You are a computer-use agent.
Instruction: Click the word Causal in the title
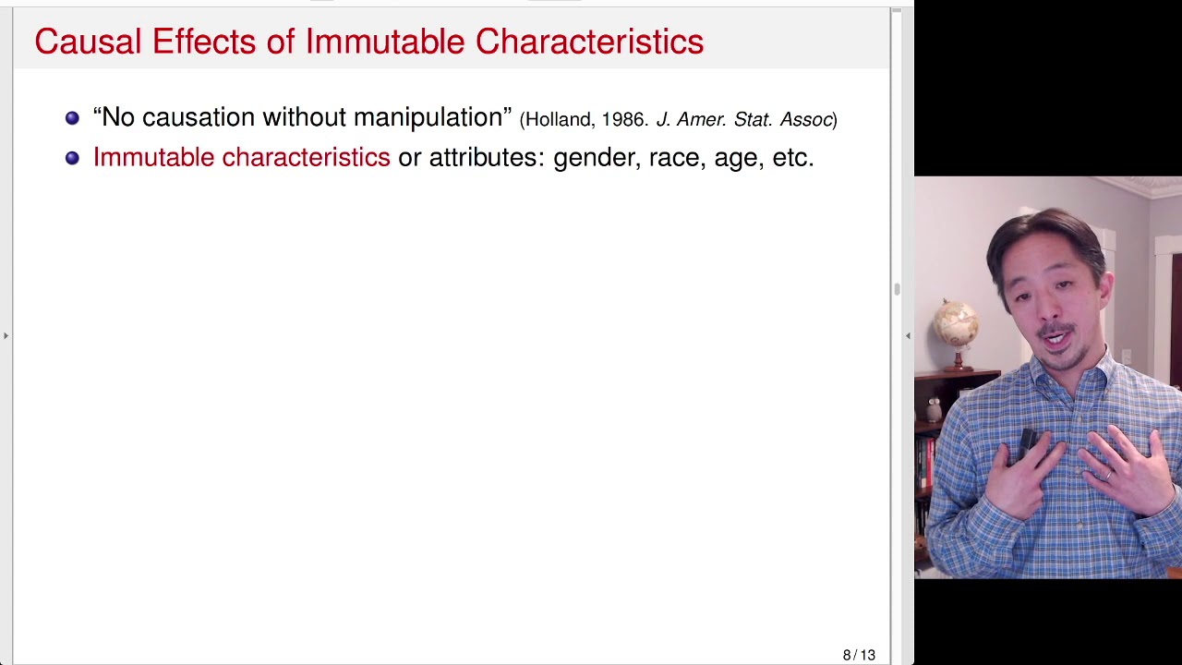coord(88,42)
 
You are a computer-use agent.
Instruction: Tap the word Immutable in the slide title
coord(384,42)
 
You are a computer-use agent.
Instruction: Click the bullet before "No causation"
coord(72,118)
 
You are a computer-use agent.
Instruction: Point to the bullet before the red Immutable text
coord(72,158)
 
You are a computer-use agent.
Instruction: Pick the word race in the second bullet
coord(674,158)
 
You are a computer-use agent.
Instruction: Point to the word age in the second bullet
coord(736,159)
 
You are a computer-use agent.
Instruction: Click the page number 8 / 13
coord(859,655)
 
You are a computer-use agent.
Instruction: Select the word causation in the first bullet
coord(198,118)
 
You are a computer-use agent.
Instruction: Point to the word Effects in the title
coord(203,42)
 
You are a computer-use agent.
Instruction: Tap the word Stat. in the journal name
coord(753,120)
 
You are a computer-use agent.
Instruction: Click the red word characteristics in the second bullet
coord(306,158)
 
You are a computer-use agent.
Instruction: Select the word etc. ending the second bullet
coord(792,158)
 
